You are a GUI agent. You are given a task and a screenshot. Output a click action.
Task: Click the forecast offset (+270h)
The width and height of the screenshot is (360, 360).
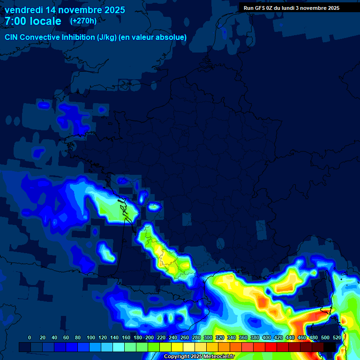click(83, 21)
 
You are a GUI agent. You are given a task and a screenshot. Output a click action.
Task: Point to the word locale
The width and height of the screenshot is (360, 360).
click(45, 21)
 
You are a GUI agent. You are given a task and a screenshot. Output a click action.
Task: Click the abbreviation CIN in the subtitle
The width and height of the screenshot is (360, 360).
click(12, 37)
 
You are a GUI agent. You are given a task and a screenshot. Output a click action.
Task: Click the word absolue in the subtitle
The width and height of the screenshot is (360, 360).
click(171, 37)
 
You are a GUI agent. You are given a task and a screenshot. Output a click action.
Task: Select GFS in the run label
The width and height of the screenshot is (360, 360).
click(260, 8)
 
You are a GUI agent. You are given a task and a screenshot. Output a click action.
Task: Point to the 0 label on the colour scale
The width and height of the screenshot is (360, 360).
click(30, 337)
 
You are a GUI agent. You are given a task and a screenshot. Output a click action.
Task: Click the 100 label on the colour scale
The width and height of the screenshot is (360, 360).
click(90, 337)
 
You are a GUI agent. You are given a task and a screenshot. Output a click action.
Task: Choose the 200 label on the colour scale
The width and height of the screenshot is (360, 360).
click(150, 337)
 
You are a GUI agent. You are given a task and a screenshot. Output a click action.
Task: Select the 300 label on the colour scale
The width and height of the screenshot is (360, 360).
click(208, 337)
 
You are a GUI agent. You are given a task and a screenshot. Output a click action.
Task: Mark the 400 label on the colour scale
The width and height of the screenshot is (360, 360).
click(267, 337)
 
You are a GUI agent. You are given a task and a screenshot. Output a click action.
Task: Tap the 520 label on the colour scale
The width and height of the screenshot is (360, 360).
click(337, 337)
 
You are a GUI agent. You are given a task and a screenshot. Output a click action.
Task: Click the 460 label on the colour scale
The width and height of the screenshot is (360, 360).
click(302, 337)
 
